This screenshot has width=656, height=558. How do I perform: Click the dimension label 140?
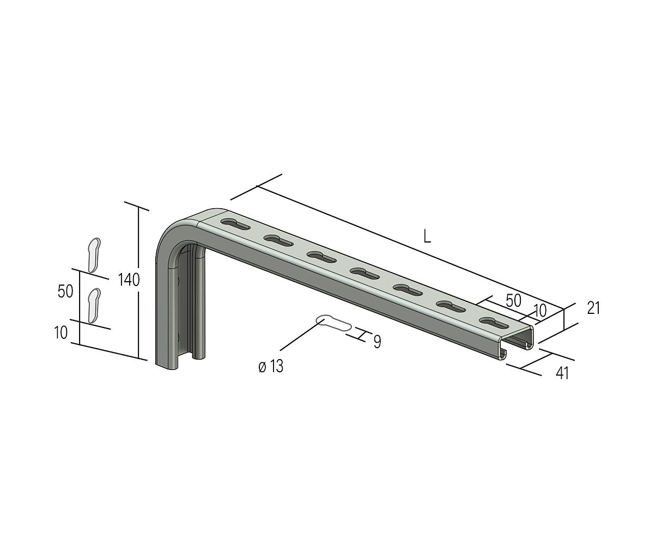click(129, 280)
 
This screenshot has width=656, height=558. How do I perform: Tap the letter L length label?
click(428, 236)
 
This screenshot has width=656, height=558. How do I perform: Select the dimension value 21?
click(593, 308)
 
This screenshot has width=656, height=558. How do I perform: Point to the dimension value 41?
click(562, 374)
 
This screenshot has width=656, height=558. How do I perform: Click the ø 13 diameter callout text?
click(271, 367)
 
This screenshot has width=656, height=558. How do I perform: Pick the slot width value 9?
click(377, 342)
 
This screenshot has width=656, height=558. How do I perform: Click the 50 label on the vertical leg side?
click(65, 291)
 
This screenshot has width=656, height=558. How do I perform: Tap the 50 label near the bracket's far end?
click(513, 300)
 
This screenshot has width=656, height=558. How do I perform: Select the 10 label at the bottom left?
click(60, 332)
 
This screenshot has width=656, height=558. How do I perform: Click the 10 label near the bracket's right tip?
click(540, 311)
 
